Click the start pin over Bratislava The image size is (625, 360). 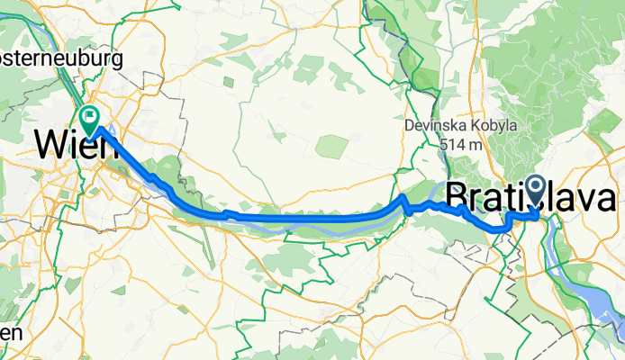pyautogui.click(x=537, y=190)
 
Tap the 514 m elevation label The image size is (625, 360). pyautogui.click(x=460, y=144)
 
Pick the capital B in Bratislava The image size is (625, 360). pyautogui.click(x=458, y=198)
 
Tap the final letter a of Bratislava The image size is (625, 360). pyautogui.click(x=605, y=200)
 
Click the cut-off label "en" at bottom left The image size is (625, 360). pyautogui.click(x=10, y=332)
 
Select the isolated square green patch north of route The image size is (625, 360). pyautogui.click(x=331, y=145)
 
